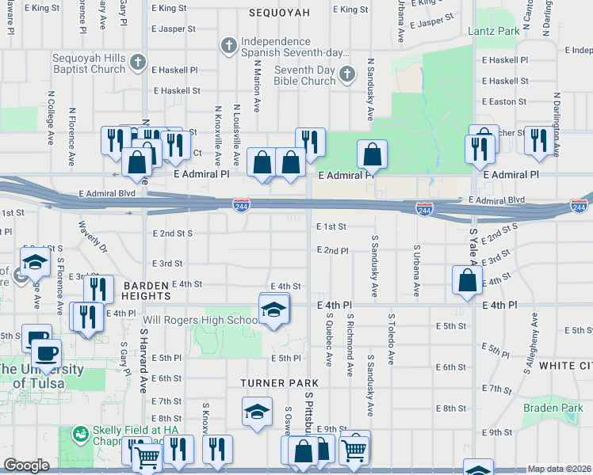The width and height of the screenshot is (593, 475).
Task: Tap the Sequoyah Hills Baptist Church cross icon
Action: (139, 62)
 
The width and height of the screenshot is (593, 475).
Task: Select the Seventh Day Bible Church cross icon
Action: (346, 75)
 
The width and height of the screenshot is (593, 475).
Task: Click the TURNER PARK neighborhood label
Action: (274, 382)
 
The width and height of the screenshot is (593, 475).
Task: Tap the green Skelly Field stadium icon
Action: (79, 433)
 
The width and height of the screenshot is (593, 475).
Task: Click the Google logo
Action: (26, 465)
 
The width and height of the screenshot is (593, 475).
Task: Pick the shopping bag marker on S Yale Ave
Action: (468, 280)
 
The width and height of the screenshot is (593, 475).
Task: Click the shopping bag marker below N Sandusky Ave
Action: (371, 154)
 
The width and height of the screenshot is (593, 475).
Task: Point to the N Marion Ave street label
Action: (257, 94)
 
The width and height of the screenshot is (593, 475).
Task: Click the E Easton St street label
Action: (503, 101)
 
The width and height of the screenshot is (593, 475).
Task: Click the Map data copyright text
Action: (559, 469)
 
